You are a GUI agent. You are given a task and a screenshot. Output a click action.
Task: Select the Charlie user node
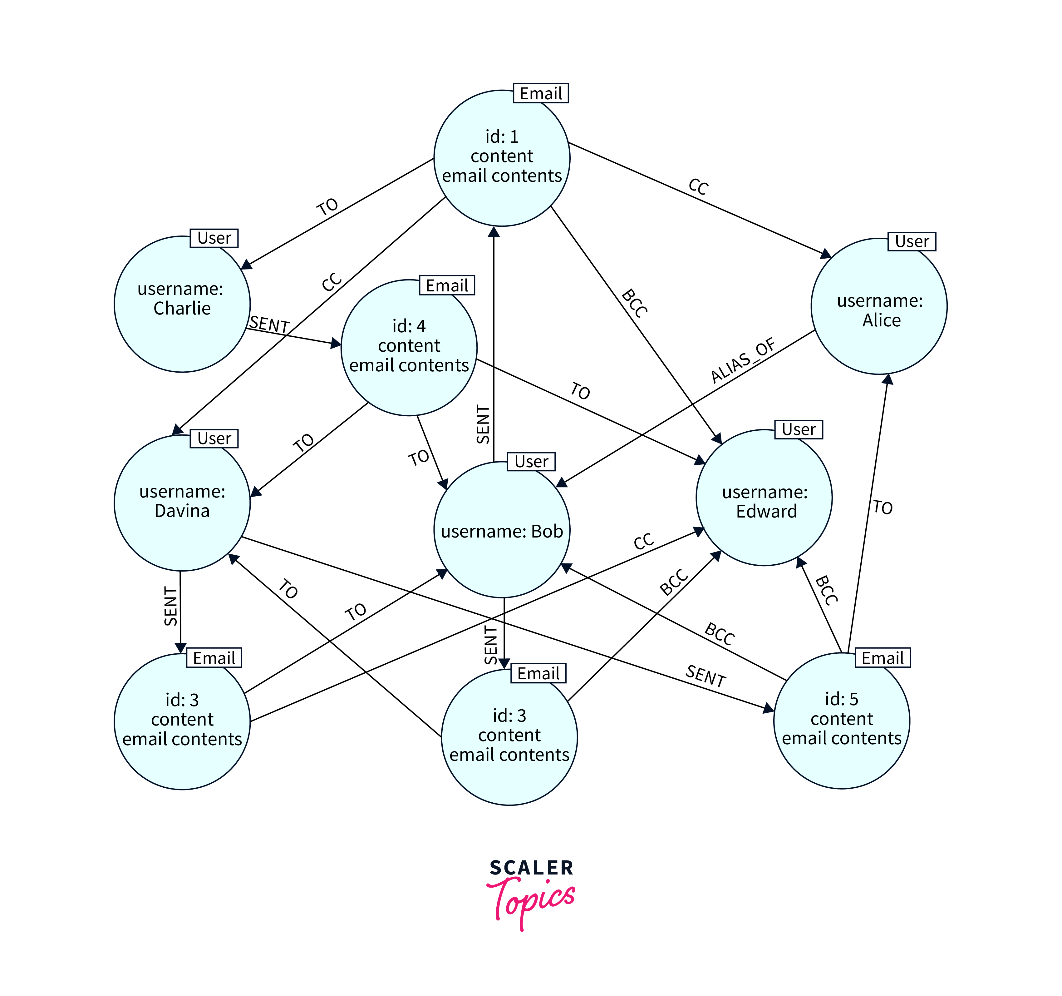click(182, 304)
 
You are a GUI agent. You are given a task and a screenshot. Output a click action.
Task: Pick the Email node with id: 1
click(502, 158)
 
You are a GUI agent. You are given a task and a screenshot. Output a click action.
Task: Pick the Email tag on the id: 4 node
click(447, 286)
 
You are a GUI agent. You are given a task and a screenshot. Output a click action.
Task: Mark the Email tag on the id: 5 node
click(883, 658)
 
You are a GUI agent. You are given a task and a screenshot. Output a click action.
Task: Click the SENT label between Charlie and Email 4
click(269, 324)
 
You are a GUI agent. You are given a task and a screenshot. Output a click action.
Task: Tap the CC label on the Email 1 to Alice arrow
click(698, 186)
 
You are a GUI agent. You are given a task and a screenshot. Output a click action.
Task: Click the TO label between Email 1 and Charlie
click(327, 207)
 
